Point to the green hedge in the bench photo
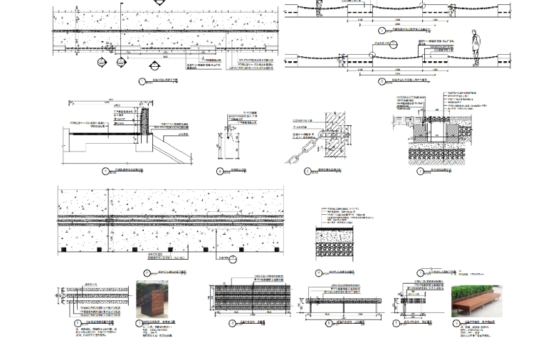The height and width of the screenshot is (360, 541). coord(476,292)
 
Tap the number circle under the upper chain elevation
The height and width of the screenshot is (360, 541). coord(382,31)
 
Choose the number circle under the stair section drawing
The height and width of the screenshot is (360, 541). coord(105,171)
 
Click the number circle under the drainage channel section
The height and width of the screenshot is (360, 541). coord(420,171)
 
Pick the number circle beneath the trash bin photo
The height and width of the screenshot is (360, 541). coord(140,324)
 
